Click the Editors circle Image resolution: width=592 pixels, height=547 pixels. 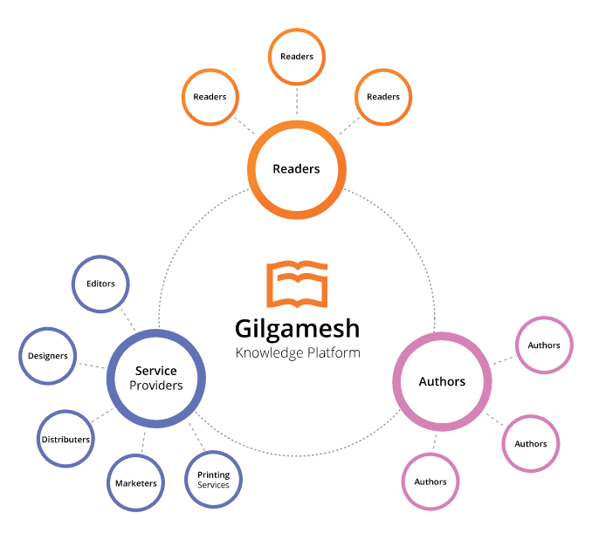tap(100, 284)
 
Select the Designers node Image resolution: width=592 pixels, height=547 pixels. tap(48, 356)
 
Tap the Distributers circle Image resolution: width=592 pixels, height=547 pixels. tap(65, 440)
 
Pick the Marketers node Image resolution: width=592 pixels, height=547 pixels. tap(135, 482)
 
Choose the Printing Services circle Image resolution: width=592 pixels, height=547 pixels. tap(213, 479)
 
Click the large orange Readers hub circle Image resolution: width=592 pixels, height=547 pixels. tap(296, 168)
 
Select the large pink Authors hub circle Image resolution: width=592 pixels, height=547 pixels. tap(442, 381)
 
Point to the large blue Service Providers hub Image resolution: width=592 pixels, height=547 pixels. tap(156, 378)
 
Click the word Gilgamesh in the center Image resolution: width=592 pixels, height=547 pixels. tap(297, 329)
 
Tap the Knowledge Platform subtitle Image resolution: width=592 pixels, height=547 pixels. tap(297, 353)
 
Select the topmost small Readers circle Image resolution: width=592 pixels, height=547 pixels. tap(297, 57)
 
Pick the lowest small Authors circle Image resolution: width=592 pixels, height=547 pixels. tap(430, 482)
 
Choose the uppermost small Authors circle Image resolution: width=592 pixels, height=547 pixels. tap(544, 345)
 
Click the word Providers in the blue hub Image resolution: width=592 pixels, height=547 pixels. tap(156, 386)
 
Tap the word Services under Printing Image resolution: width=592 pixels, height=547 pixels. tap(213, 485)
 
